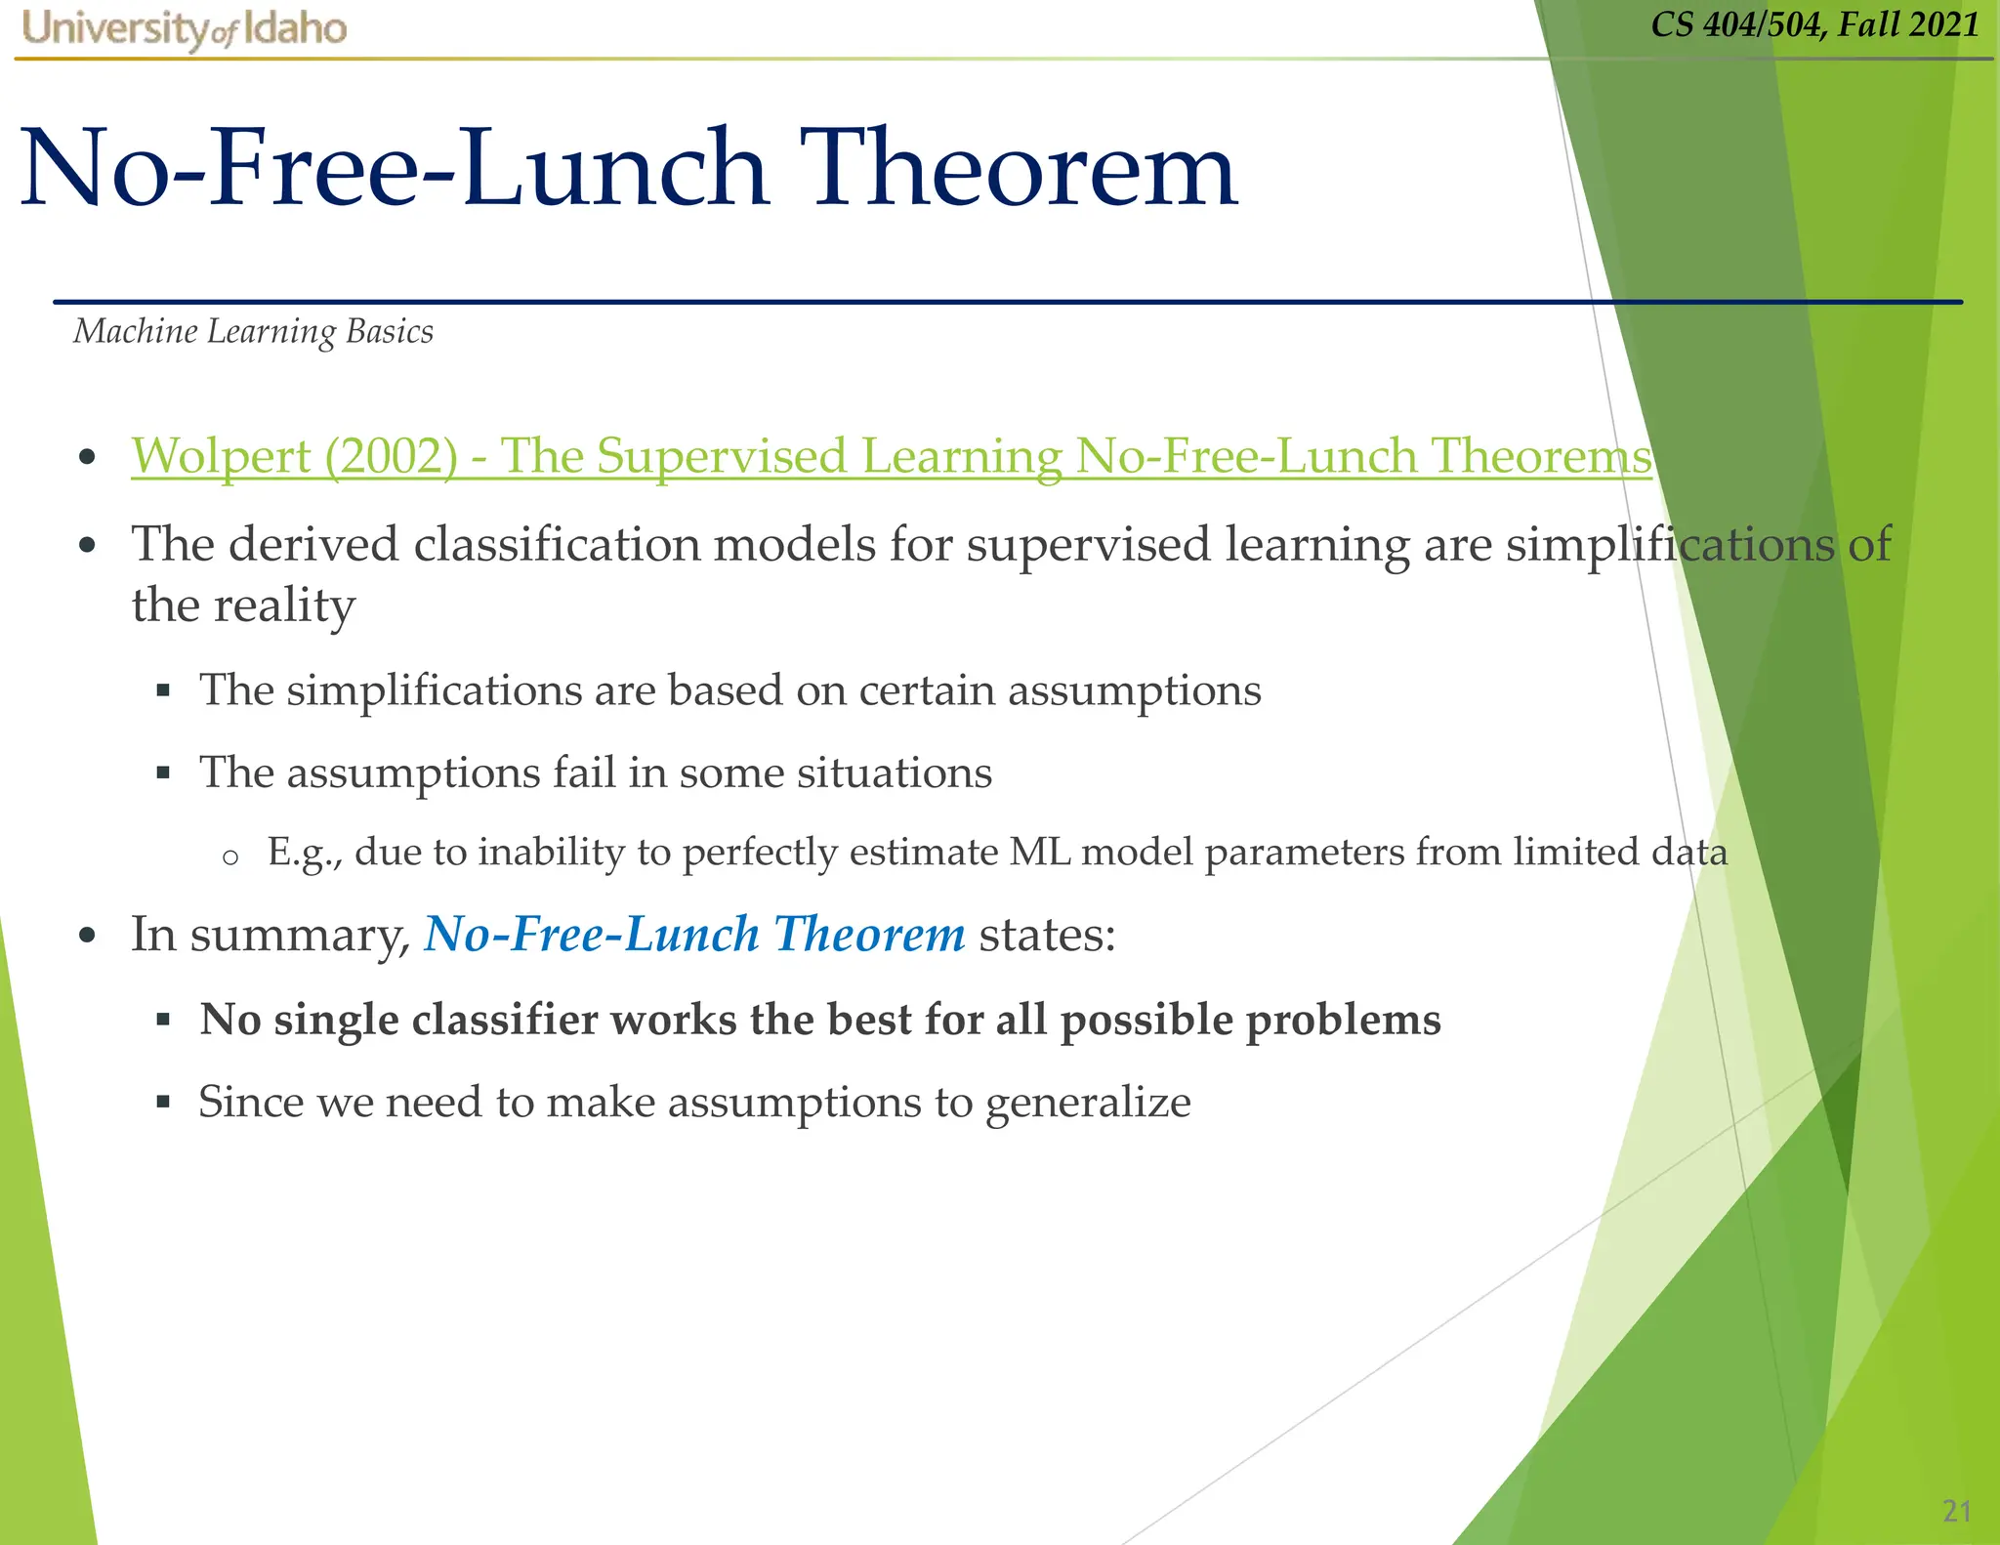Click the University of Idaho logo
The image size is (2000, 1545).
click(x=185, y=29)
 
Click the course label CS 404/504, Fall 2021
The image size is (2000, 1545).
click(x=1814, y=24)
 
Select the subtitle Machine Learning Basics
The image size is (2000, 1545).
click(x=254, y=332)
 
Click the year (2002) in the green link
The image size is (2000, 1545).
click(x=391, y=457)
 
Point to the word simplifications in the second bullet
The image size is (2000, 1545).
click(x=1670, y=545)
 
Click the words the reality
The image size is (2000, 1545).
click(x=243, y=605)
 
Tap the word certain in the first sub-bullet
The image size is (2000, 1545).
click(x=927, y=690)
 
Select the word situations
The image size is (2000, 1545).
click(x=894, y=772)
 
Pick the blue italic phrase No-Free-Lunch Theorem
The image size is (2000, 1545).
click(x=694, y=934)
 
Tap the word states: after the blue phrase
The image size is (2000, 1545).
click(x=1047, y=935)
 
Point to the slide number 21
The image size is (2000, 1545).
click(x=1956, y=1512)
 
